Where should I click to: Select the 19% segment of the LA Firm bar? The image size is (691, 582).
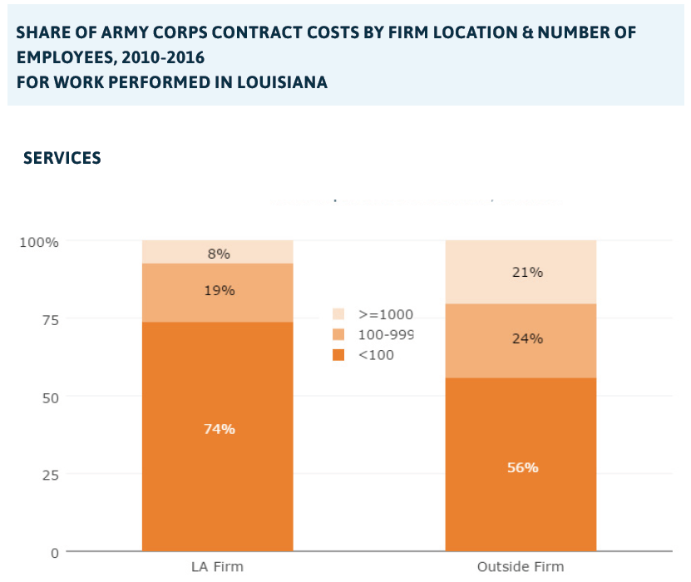[217, 292]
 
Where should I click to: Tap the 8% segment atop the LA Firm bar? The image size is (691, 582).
[217, 252]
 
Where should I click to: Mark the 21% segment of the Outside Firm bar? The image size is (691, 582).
[521, 272]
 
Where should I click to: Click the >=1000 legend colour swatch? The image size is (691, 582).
[338, 314]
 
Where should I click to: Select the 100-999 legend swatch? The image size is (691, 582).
[338, 334]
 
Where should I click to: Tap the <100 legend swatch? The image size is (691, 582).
[338, 355]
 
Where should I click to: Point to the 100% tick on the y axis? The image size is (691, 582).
[39, 242]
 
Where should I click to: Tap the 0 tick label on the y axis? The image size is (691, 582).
[53, 553]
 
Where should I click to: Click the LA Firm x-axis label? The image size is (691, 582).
[217, 567]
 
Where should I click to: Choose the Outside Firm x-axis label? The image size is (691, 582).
[521, 567]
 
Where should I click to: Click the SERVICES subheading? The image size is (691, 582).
[62, 158]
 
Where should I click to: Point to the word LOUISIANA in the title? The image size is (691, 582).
[278, 82]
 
